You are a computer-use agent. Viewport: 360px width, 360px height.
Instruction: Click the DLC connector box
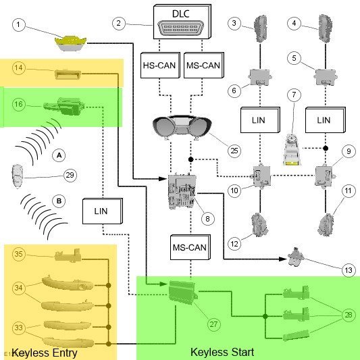point(182,22)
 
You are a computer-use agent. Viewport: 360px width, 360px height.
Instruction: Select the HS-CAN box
point(160,66)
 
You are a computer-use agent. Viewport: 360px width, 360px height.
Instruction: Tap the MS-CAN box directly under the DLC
point(204,66)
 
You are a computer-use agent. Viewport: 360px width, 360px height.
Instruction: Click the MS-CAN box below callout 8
point(190,247)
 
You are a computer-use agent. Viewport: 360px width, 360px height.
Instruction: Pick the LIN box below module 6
point(260,120)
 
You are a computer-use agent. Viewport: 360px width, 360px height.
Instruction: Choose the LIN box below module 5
point(326,120)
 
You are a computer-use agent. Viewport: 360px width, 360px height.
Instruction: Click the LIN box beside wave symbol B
point(103,211)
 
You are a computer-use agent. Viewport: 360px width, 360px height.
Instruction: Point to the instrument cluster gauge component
point(182,128)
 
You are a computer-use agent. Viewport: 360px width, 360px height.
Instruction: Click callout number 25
point(234,151)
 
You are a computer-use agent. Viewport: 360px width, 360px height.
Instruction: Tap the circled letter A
point(59,155)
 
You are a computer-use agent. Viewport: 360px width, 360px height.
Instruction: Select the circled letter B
point(59,201)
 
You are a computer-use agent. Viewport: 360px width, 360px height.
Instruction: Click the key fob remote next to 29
point(18,176)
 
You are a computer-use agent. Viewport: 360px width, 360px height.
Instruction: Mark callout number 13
point(349,270)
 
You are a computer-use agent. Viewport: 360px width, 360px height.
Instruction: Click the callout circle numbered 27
point(213,324)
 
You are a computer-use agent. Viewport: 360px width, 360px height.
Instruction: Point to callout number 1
point(19,24)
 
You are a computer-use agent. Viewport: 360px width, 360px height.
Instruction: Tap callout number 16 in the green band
point(19,104)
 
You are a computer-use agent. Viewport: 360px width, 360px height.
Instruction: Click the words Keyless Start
point(222,352)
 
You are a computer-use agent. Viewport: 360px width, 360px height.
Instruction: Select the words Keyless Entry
point(45,353)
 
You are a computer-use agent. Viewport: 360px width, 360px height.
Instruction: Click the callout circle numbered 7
point(294,95)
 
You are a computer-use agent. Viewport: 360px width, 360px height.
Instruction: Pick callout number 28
point(349,315)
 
